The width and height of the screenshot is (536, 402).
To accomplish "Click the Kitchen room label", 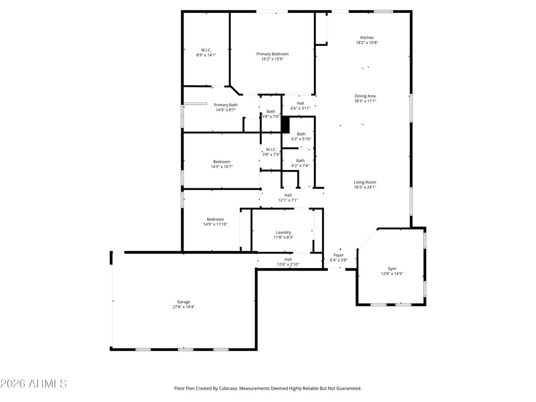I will click(x=367, y=38).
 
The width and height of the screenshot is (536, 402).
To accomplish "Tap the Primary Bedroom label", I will click(x=272, y=54).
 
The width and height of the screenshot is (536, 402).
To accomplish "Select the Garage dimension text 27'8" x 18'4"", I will click(x=183, y=307).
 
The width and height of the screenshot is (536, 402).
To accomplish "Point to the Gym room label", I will click(x=392, y=269).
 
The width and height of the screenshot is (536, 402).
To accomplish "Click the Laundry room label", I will click(x=283, y=232).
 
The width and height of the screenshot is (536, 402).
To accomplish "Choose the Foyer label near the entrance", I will click(x=339, y=255).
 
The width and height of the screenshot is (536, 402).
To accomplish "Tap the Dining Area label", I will click(x=365, y=96).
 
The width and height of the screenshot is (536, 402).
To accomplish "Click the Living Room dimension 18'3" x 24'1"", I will click(x=365, y=187).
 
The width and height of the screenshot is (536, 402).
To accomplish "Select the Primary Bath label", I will click(x=226, y=105).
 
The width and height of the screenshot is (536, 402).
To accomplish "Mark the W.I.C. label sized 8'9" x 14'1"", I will click(x=206, y=50).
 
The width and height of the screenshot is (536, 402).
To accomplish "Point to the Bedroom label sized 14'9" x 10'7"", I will click(x=222, y=162).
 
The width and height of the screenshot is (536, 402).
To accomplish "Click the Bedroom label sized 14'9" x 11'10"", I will click(x=215, y=219).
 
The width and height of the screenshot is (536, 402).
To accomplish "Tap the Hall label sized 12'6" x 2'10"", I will click(x=288, y=259).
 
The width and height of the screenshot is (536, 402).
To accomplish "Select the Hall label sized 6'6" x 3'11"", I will click(x=300, y=103).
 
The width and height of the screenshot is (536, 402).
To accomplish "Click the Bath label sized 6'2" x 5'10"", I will click(x=301, y=134).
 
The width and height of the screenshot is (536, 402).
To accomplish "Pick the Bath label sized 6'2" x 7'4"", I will click(x=300, y=161).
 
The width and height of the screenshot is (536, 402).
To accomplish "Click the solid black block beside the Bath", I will click(x=285, y=125).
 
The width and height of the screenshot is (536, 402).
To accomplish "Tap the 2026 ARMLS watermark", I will click(x=33, y=384).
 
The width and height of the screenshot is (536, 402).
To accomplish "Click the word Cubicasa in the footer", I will click(x=228, y=389).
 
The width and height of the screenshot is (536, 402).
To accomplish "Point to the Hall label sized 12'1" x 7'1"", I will click(x=288, y=195).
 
